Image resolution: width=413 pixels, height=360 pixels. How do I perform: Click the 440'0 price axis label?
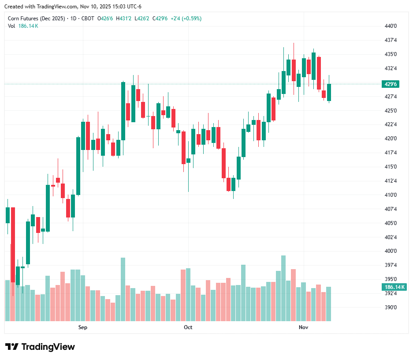point(391,26)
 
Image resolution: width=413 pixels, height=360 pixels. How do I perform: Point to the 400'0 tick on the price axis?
point(391,251)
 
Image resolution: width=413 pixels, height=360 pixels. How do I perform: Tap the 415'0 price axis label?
point(391,167)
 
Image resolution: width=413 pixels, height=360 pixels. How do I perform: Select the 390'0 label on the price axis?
point(391,307)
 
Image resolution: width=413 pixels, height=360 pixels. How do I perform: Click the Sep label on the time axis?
point(82,327)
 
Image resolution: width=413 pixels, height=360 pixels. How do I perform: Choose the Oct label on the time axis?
point(188,327)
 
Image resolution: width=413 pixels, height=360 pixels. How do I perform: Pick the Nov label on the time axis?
point(303,327)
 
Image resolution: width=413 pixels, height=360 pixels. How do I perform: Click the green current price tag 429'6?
point(391,84)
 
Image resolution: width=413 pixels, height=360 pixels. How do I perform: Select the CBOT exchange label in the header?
point(88,19)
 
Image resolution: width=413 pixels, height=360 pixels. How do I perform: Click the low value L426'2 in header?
point(142,19)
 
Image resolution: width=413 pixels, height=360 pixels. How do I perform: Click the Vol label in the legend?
point(11,26)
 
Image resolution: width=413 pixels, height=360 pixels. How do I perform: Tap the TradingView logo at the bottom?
point(40,347)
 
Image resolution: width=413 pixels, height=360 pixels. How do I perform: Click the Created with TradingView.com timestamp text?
point(73,7)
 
